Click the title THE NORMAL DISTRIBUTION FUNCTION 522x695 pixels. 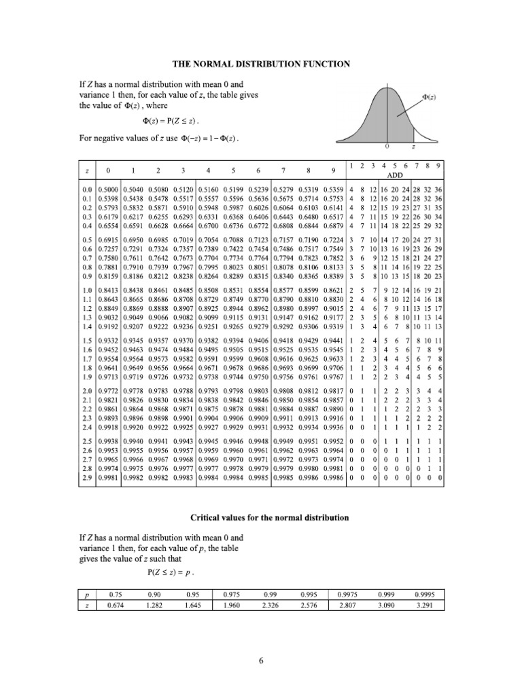[x=261, y=64]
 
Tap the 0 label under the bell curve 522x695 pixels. [x=387, y=147]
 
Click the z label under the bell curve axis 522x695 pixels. [x=415, y=147]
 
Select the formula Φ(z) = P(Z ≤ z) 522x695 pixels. [x=173, y=121]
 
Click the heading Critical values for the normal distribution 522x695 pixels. [x=261, y=518]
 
